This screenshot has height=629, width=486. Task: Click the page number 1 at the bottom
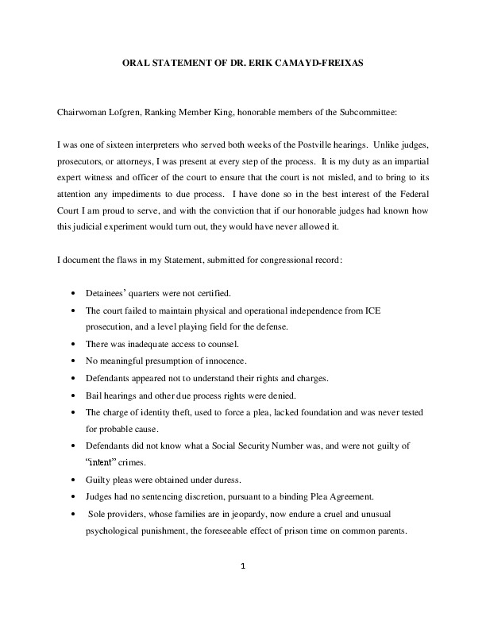coord(243,565)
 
